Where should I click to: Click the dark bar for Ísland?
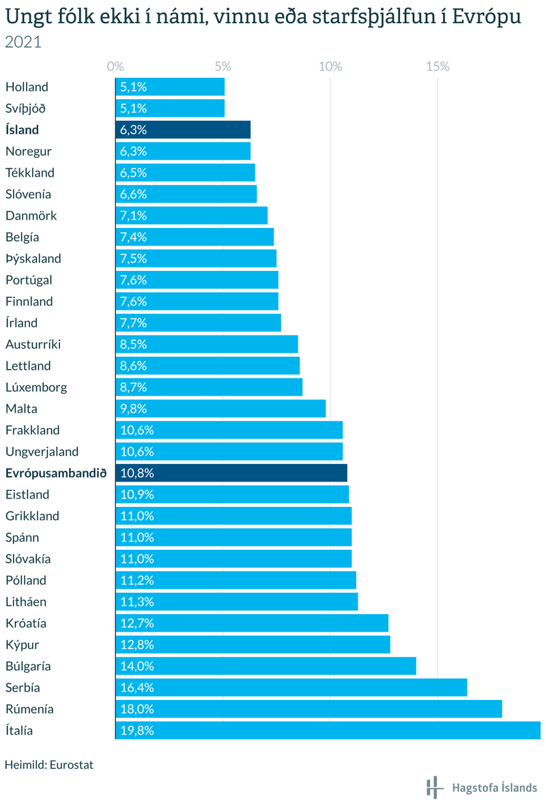183,130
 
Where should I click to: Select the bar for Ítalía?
328,731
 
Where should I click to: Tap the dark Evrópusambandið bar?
231,473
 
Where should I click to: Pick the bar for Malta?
220,409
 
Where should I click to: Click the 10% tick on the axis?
330,67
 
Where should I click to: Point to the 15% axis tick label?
437,67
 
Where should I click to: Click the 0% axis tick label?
115,67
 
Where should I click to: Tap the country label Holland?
27,87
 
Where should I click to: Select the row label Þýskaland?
33,259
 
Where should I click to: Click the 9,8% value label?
134,409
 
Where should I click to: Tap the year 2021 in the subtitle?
23,42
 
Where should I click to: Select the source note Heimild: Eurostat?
48,765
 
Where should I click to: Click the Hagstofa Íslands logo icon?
433,787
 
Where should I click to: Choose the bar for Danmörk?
191,216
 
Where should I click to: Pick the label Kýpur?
23,645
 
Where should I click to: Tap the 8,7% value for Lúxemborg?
134,387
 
